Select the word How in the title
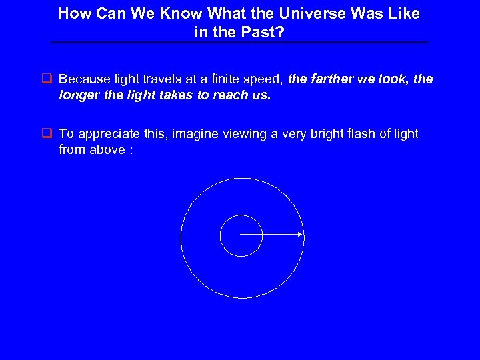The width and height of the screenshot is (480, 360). coord(73,14)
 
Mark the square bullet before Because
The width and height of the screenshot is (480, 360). coord(47,79)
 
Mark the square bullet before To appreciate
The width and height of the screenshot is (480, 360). coord(47,133)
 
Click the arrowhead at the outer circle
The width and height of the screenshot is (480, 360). coord(301,235)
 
